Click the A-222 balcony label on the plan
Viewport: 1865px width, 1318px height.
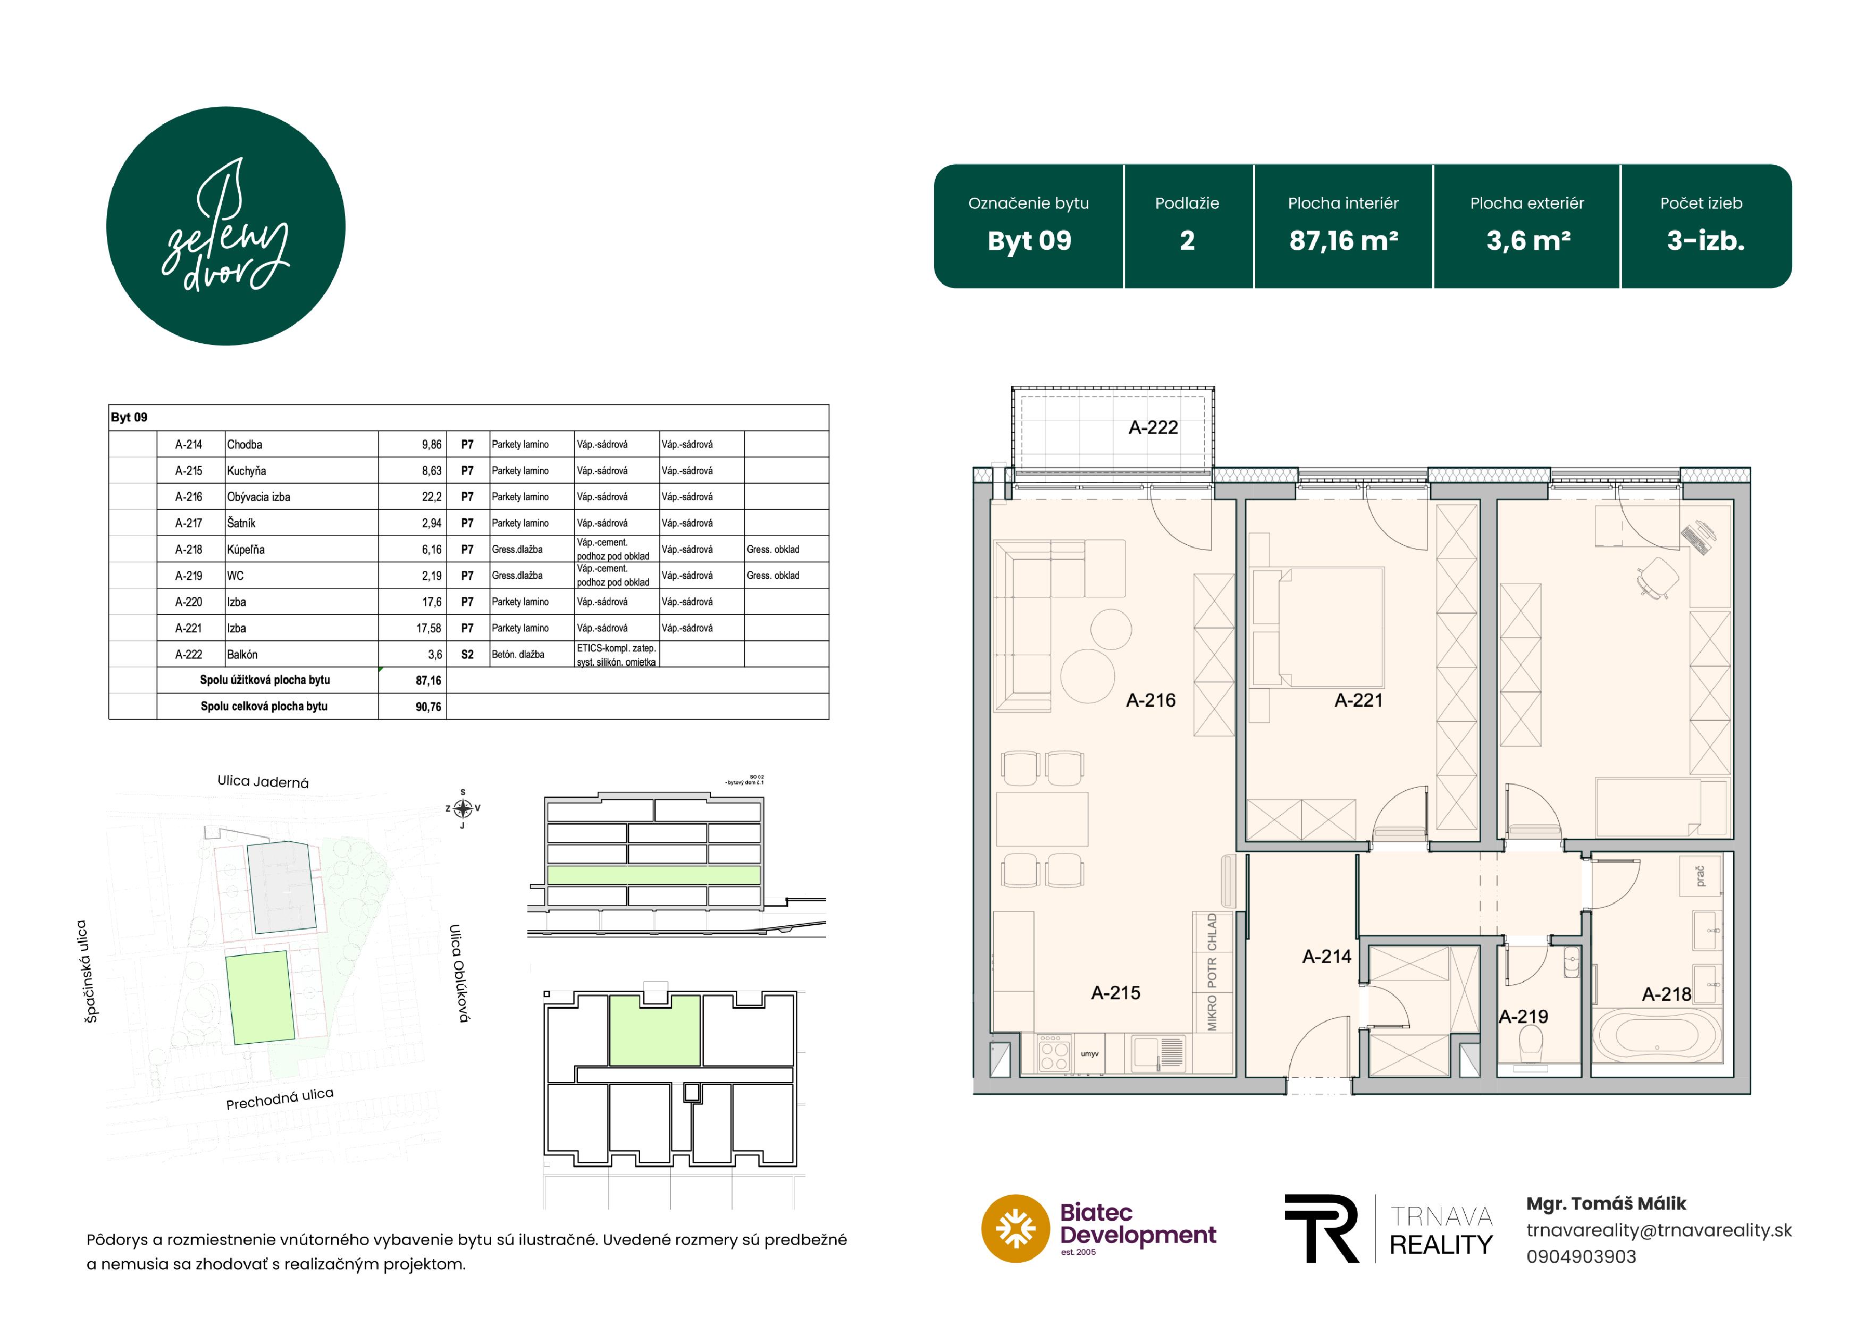[x=1153, y=427]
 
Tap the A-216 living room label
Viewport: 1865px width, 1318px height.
[x=1150, y=700]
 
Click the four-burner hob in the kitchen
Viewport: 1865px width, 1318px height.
[x=1054, y=1054]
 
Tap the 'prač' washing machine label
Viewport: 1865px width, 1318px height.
[x=1700, y=875]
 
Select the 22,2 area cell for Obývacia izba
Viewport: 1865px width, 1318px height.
[x=431, y=497]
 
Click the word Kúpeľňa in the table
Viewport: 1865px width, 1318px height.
[x=246, y=550]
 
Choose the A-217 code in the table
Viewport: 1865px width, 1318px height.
[x=188, y=523]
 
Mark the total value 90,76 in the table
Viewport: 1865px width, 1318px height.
[x=428, y=706]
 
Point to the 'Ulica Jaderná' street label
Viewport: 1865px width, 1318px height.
[x=263, y=782]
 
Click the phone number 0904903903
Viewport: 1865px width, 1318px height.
[x=1581, y=1256]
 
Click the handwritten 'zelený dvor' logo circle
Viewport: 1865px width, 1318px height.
[x=226, y=226]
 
